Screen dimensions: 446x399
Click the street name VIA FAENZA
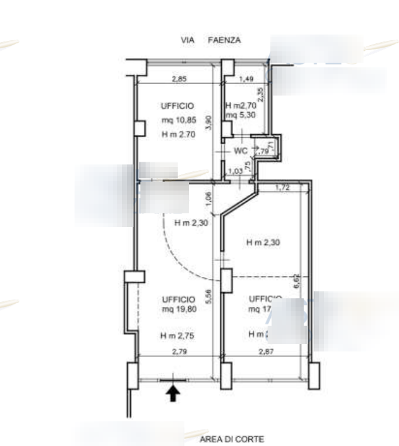pyautogui.click(x=210, y=40)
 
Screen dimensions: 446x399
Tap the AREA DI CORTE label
pyautogui.click(x=232, y=439)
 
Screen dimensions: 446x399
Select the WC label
pyautogui.click(x=241, y=150)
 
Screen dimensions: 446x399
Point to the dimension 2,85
pyautogui.click(x=179, y=79)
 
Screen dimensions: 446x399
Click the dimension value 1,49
pyautogui.click(x=247, y=79)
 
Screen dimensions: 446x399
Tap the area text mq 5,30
pyautogui.click(x=238, y=115)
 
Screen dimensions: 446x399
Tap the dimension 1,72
pyautogui.click(x=282, y=187)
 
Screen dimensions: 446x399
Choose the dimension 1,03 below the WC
pyautogui.click(x=234, y=171)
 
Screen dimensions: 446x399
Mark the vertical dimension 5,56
pyautogui.click(x=209, y=296)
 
